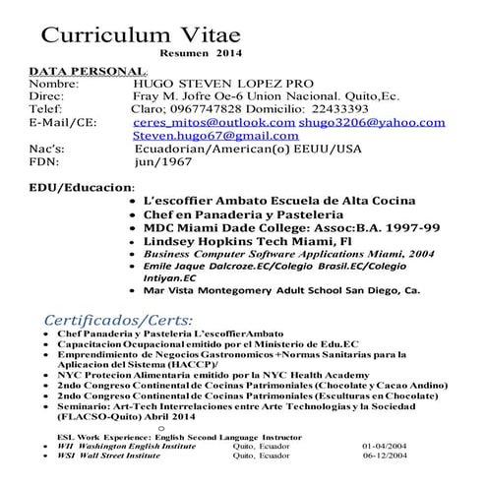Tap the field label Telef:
click(48, 110)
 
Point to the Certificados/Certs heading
click(119, 321)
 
